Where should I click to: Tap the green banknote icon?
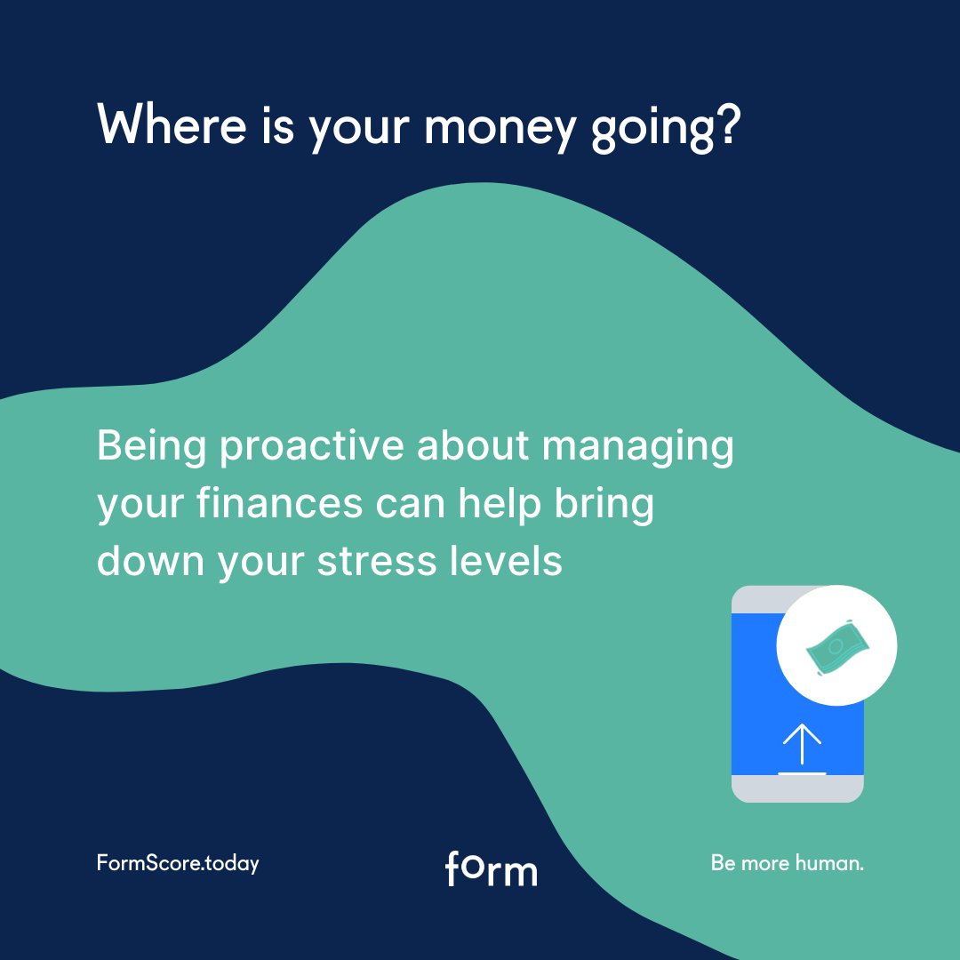point(836,646)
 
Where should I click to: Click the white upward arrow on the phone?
point(802,744)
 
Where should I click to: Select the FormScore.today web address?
point(178,863)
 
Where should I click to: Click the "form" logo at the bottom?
point(491,868)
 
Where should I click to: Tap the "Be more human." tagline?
point(787,863)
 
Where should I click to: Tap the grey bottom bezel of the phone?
point(797,788)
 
